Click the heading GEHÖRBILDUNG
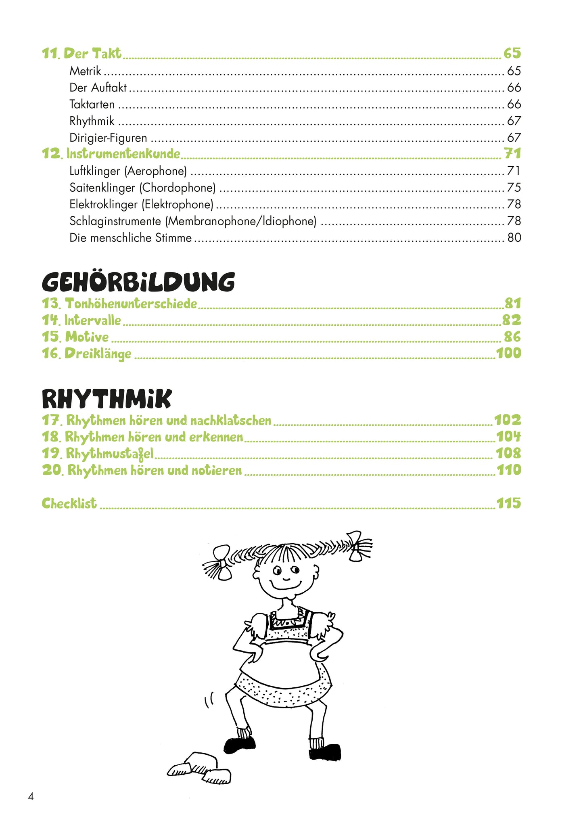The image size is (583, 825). pyautogui.click(x=138, y=282)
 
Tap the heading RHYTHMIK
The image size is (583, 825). pyautogui.click(x=107, y=399)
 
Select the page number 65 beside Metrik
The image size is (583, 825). pyautogui.click(x=514, y=71)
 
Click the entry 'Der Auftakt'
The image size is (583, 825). pyautogui.click(x=98, y=88)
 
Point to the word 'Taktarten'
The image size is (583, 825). pyautogui.click(x=92, y=105)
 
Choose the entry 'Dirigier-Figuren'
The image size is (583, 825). pyautogui.click(x=108, y=138)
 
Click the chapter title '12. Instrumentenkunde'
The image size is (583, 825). pyautogui.click(x=111, y=154)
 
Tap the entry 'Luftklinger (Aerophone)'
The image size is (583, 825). pyautogui.click(x=128, y=171)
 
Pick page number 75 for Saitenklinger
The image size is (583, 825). pyautogui.click(x=514, y=188)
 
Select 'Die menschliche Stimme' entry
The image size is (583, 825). pyautogui.click(x=130, y=238)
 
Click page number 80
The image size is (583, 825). pyautogui.click(x=514, y=238)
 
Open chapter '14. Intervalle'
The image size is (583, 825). pyautogui.click(x=81, y=320)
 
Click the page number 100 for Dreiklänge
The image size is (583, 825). pyautogui.click(x=508, y=353)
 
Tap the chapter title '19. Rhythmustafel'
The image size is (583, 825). pyautogui.click(x=98, y=454)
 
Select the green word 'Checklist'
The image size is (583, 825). pyautogui.click(x=69, y=503)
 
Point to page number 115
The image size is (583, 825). pyautogui.click(x=508, y=503)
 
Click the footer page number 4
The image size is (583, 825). pyautogui.click(x=31, y=796)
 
